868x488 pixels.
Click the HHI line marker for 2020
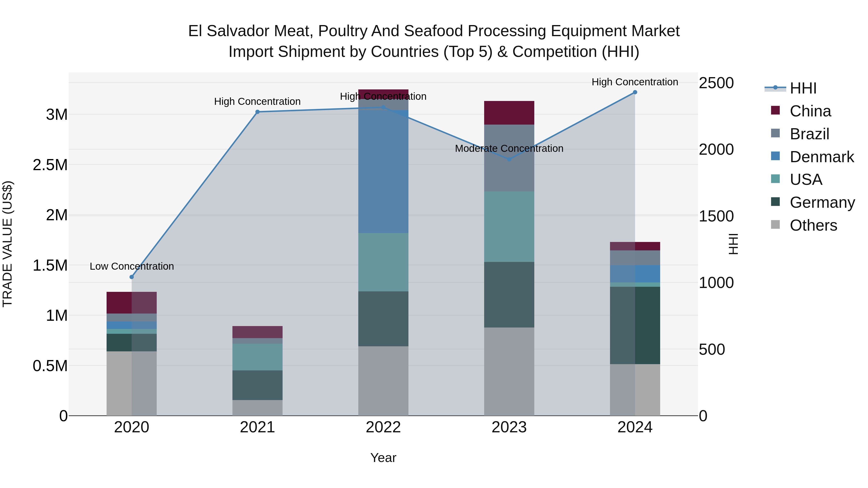pos(132,277)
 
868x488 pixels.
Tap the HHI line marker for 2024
pos(635,92)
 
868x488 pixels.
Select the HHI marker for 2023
pos(509,159)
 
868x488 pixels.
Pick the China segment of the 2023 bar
pos(509,113)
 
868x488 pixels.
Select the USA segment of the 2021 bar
pos(258,357)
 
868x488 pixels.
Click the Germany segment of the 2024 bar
pos(635,325)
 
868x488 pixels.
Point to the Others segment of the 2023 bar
pos(509,371)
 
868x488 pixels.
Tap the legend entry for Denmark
pos(821,157)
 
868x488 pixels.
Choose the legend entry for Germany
pos(822,202)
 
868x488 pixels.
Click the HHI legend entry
pos(803,88)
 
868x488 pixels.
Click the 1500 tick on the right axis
pos(716,216)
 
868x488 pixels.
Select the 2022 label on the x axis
pos(383,427)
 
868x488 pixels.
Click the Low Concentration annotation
pos(132,266)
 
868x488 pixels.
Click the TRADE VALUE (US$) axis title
pos(7,244)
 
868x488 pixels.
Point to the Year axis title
pos(383,458)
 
